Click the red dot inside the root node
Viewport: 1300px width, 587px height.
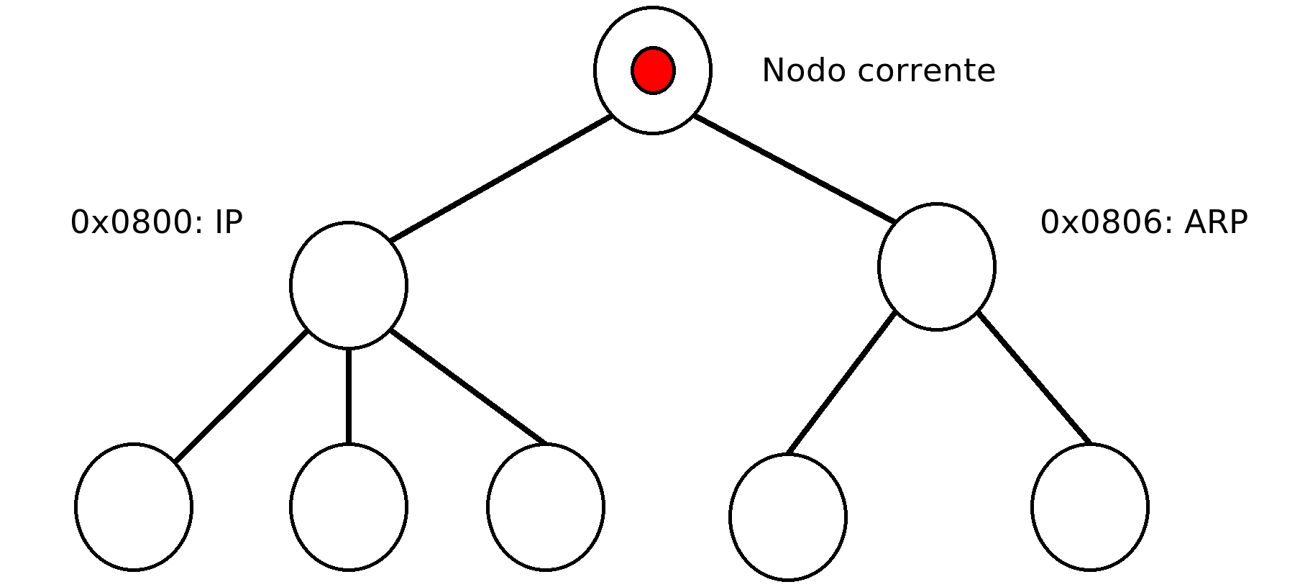(653, 70)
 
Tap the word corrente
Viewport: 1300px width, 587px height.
(927, 70)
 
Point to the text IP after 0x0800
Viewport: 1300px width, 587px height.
(229, 222)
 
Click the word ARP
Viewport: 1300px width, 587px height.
(1216, 222)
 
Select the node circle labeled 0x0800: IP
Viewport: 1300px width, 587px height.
(349, 286)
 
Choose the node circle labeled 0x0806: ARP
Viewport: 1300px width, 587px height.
(937, 267)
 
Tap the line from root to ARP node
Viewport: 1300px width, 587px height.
(795, 168)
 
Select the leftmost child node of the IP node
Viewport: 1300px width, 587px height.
(134, 507)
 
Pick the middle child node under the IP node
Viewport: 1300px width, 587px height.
(349, 507)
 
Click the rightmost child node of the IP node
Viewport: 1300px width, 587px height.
(546, 507)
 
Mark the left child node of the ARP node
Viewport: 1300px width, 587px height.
(788, 517)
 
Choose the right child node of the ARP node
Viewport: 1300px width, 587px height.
(1090, 507)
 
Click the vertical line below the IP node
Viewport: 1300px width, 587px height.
(349, 396)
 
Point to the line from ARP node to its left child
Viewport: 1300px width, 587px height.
(842, 383)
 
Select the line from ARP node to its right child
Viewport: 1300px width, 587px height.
(1034, 378)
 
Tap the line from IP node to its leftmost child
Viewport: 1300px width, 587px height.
(241, 396)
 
